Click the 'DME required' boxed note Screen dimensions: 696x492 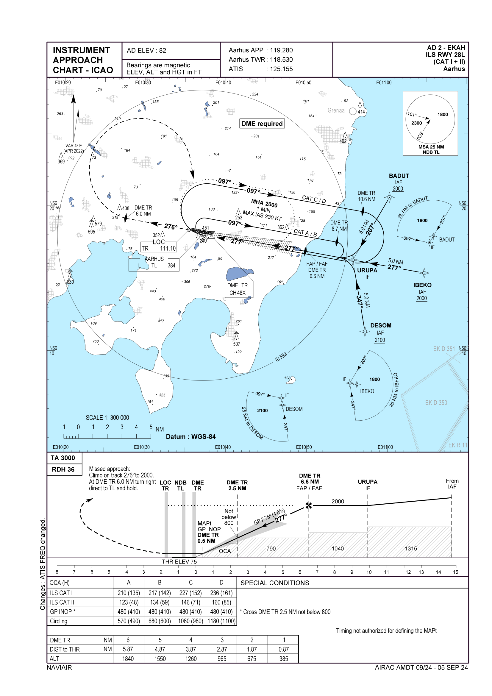pos(262,124)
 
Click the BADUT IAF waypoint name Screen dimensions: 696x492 pos(399,176)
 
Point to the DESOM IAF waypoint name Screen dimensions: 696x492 pos(380,326)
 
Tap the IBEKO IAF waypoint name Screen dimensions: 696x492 pos(422,285)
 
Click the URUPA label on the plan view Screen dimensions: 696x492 pos(367,270)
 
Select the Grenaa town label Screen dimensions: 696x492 pos(336,111)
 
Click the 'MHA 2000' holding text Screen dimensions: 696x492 pos(264,203)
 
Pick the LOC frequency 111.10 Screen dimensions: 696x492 pos(168,249)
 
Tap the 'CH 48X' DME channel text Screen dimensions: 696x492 pos(237,293)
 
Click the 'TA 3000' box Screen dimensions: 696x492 pos(63,458)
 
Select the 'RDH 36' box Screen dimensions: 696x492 pos(63,469)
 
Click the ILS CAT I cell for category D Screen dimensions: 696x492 pos(221,593)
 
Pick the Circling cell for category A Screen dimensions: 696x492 pos(129,621)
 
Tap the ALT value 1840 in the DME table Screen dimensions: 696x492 pos(128,659)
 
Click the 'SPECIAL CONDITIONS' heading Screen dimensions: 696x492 pos(275,583)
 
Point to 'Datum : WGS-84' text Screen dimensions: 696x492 pos(191,437)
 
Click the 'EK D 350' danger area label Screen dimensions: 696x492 pos(436,403)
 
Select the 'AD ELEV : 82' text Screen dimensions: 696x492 pos(146,51)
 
